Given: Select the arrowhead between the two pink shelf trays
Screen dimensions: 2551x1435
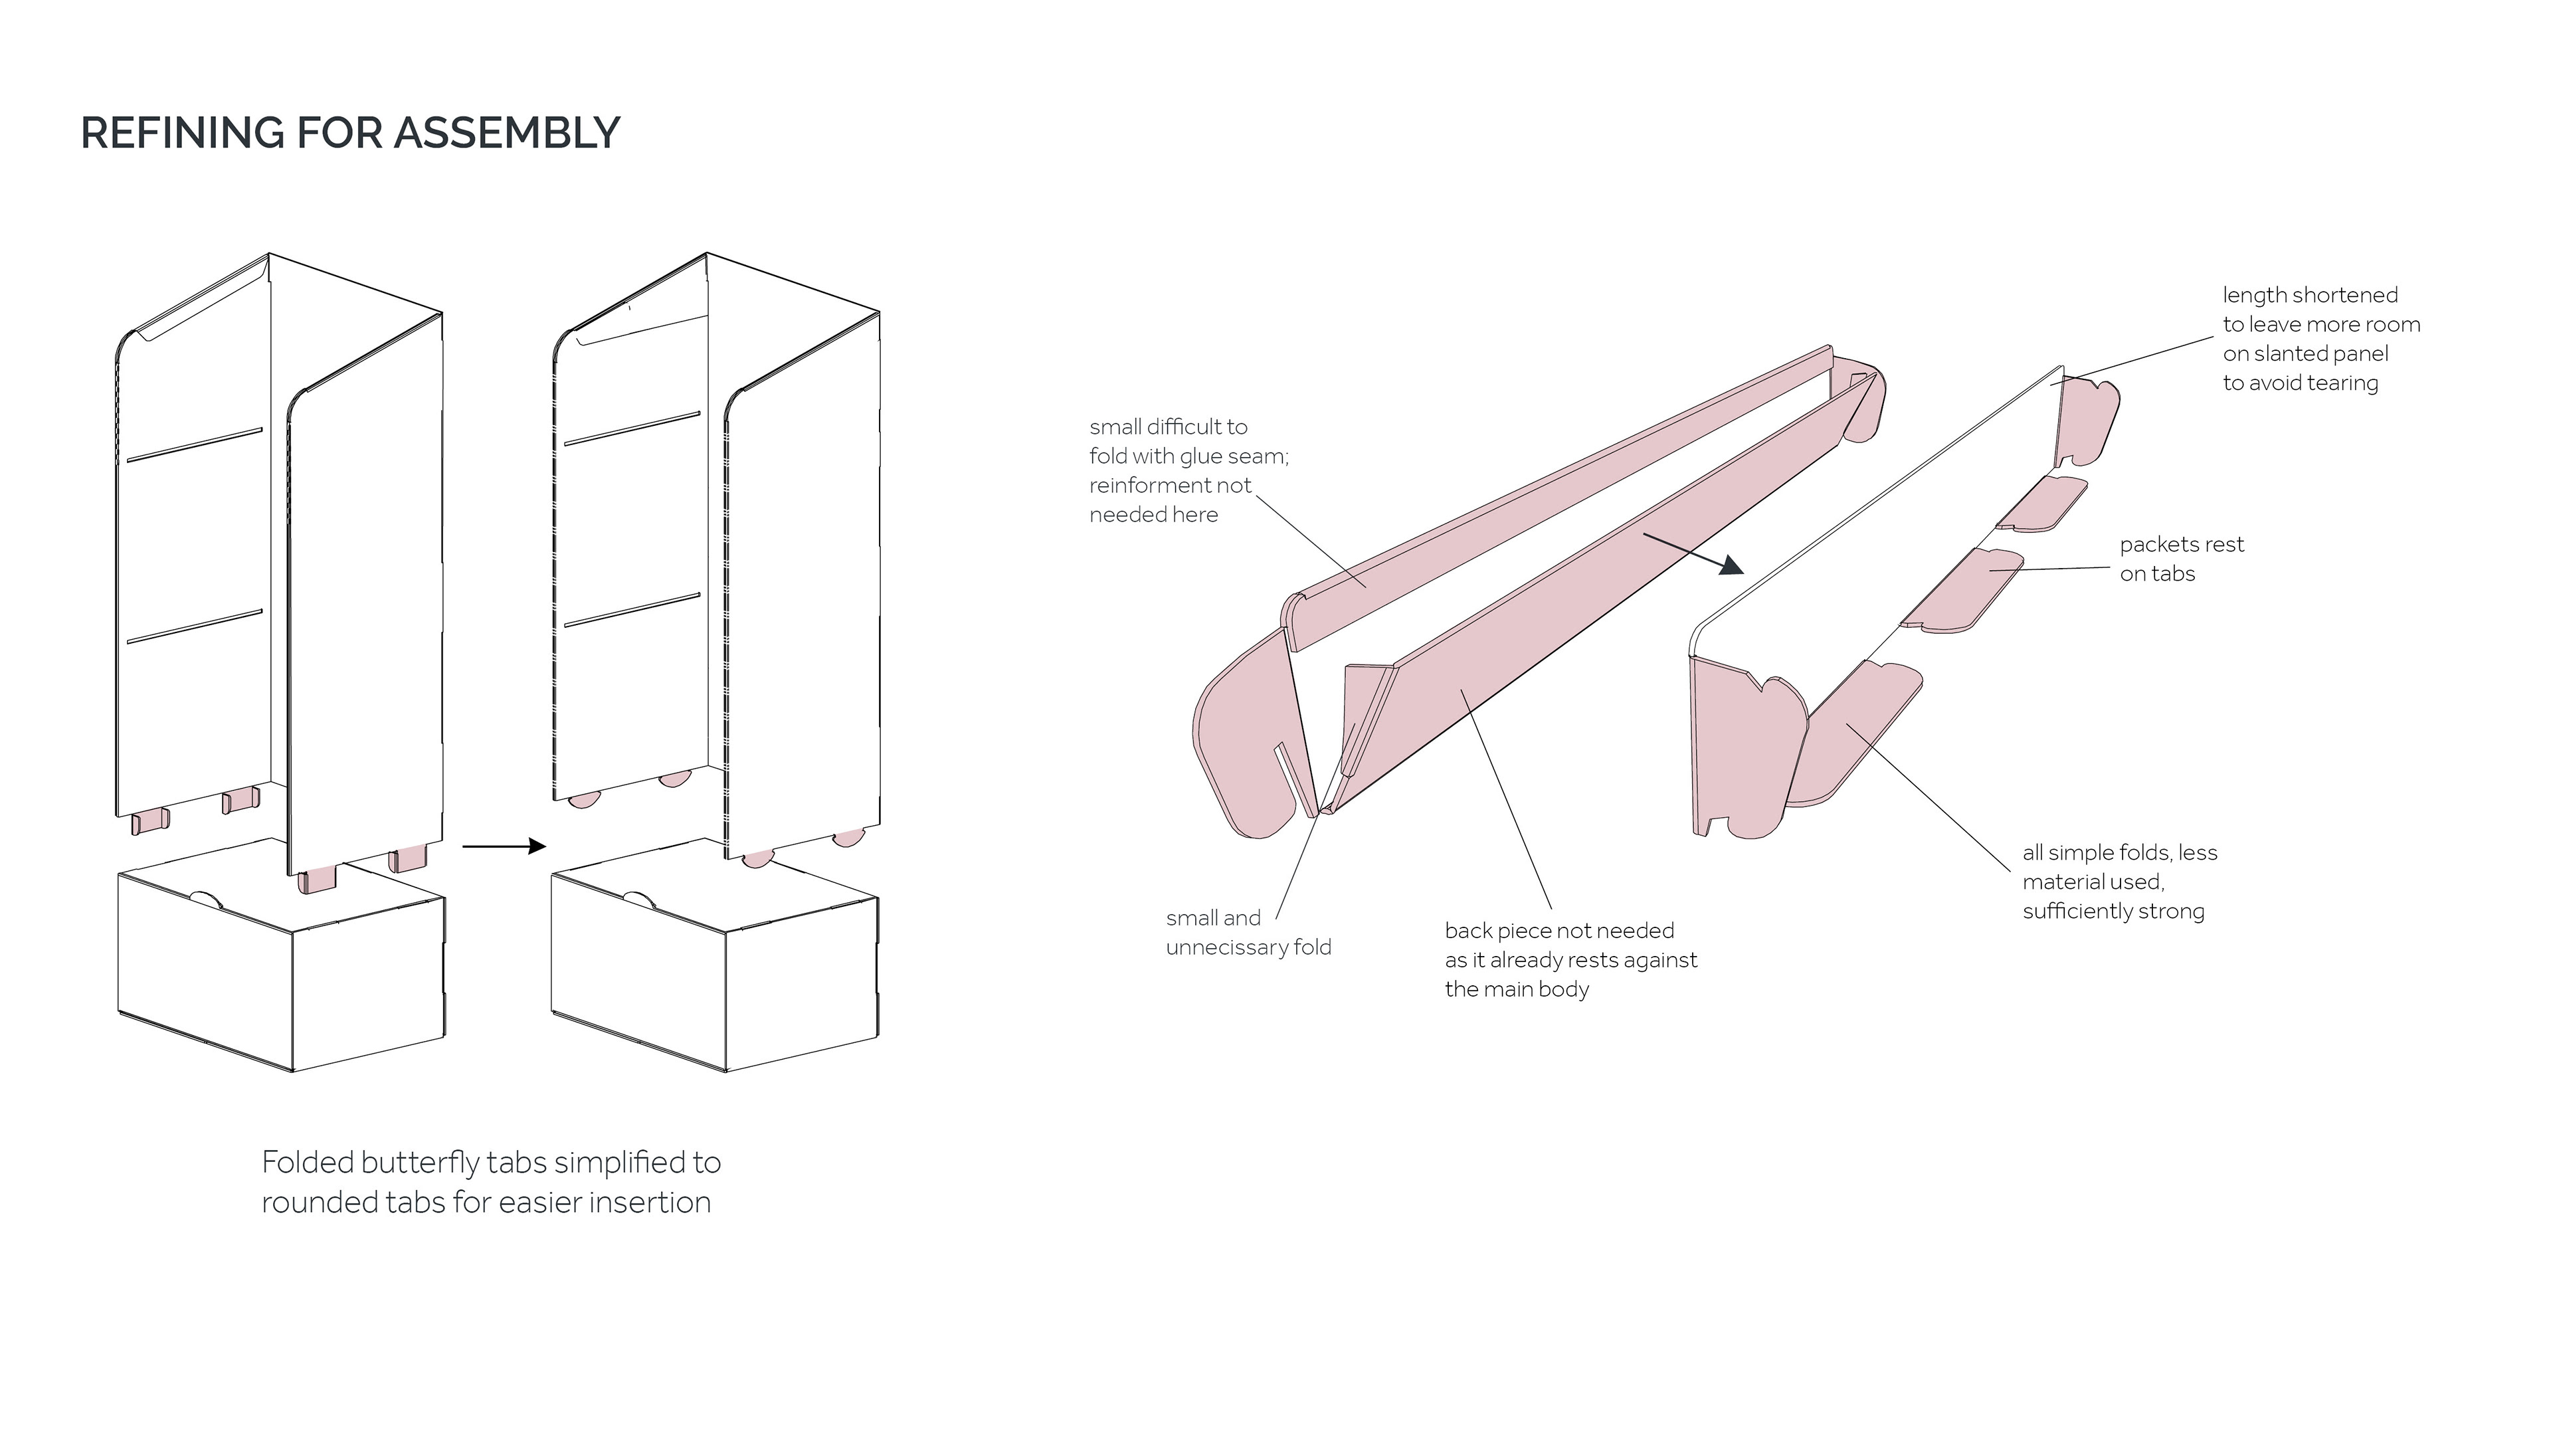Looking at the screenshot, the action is pyautogui.click(x=1731, y=565).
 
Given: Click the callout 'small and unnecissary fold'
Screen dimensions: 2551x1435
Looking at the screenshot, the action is pyautogui.click(x=1248, y=933).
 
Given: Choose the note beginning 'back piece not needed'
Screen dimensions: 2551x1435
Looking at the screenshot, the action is pyautogui.click(x=1570, y=959).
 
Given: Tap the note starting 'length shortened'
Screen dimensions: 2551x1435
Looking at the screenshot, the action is pyautogui.click(x=2320, y=339).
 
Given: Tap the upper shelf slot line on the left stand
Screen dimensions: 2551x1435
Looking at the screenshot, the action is pyautogui.click(x=194, y=446).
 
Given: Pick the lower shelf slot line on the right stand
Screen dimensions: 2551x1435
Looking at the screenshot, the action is pyautogui.click(x=632, y=610).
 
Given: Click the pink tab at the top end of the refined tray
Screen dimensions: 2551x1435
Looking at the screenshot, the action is pyautogui.click(x=2089, y=421).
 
